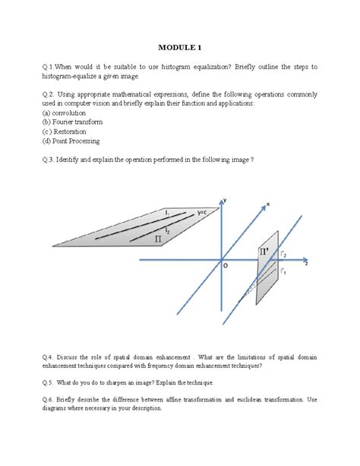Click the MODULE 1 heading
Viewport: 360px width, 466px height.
coord(180,48)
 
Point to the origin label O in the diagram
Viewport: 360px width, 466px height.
coord(225,265)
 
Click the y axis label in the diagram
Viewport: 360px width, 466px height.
coord(224,199)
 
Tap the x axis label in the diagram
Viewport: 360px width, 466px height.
coord(267,204)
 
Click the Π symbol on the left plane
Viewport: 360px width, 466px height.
coord(158,238)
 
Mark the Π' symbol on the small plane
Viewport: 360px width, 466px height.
coord(264,250)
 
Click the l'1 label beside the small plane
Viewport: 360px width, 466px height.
coord(283,270)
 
